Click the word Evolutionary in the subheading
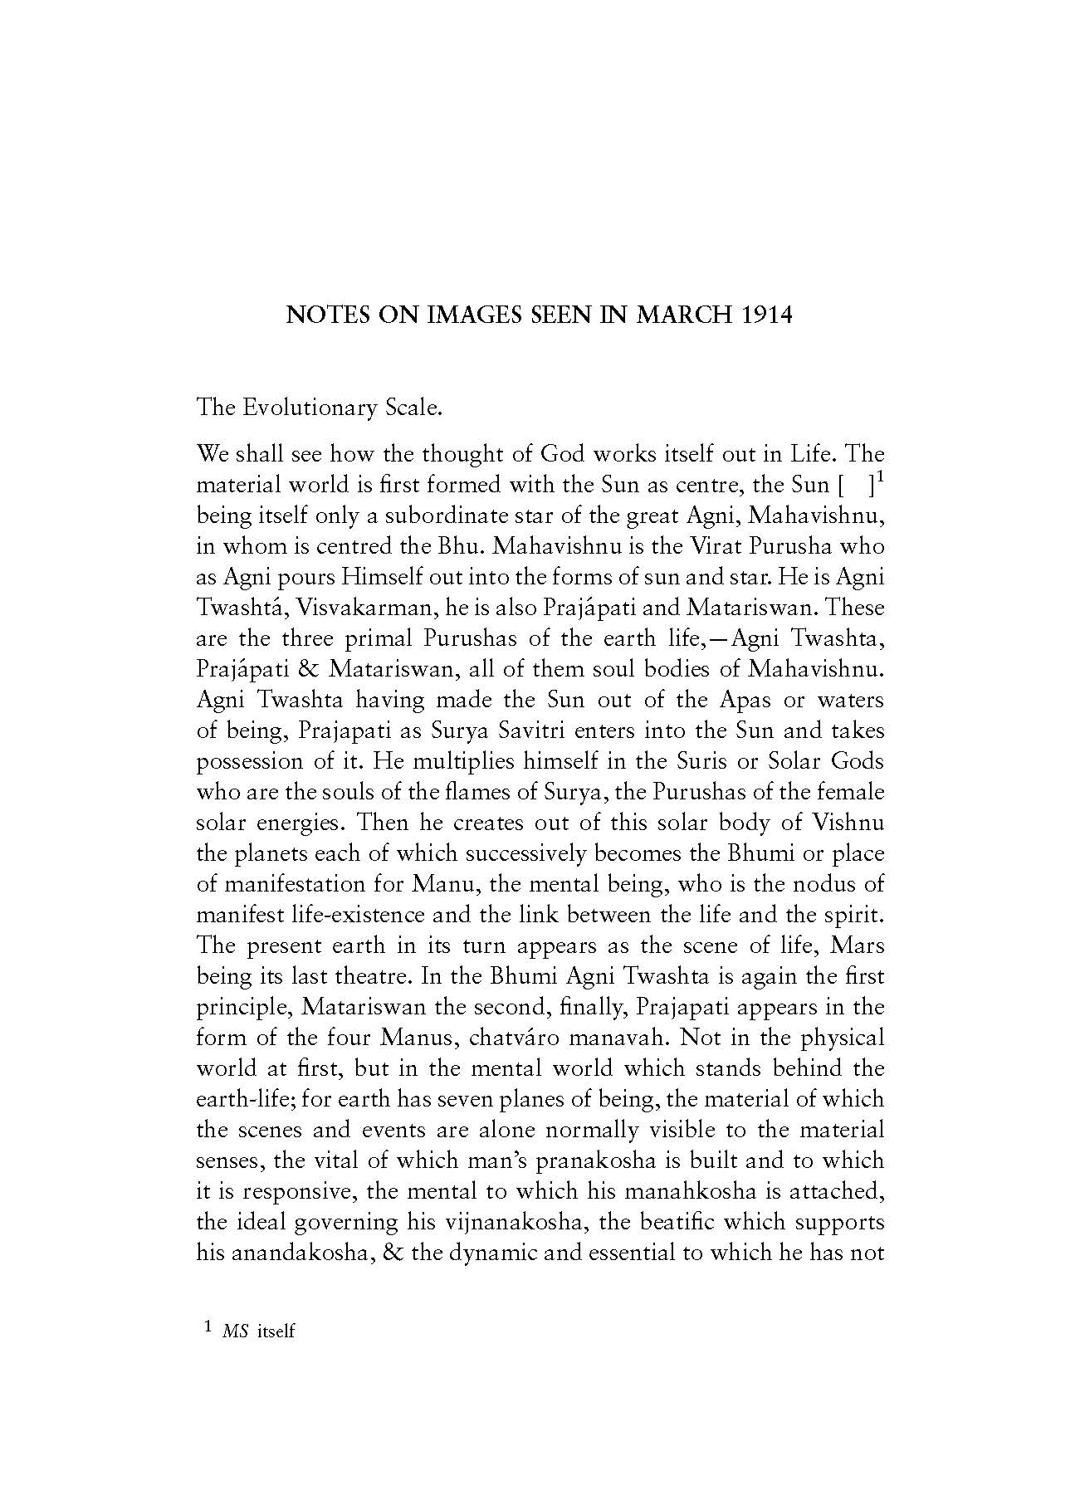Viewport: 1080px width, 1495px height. coord(306,408)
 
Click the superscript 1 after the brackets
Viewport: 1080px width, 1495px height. coord(879,476)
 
